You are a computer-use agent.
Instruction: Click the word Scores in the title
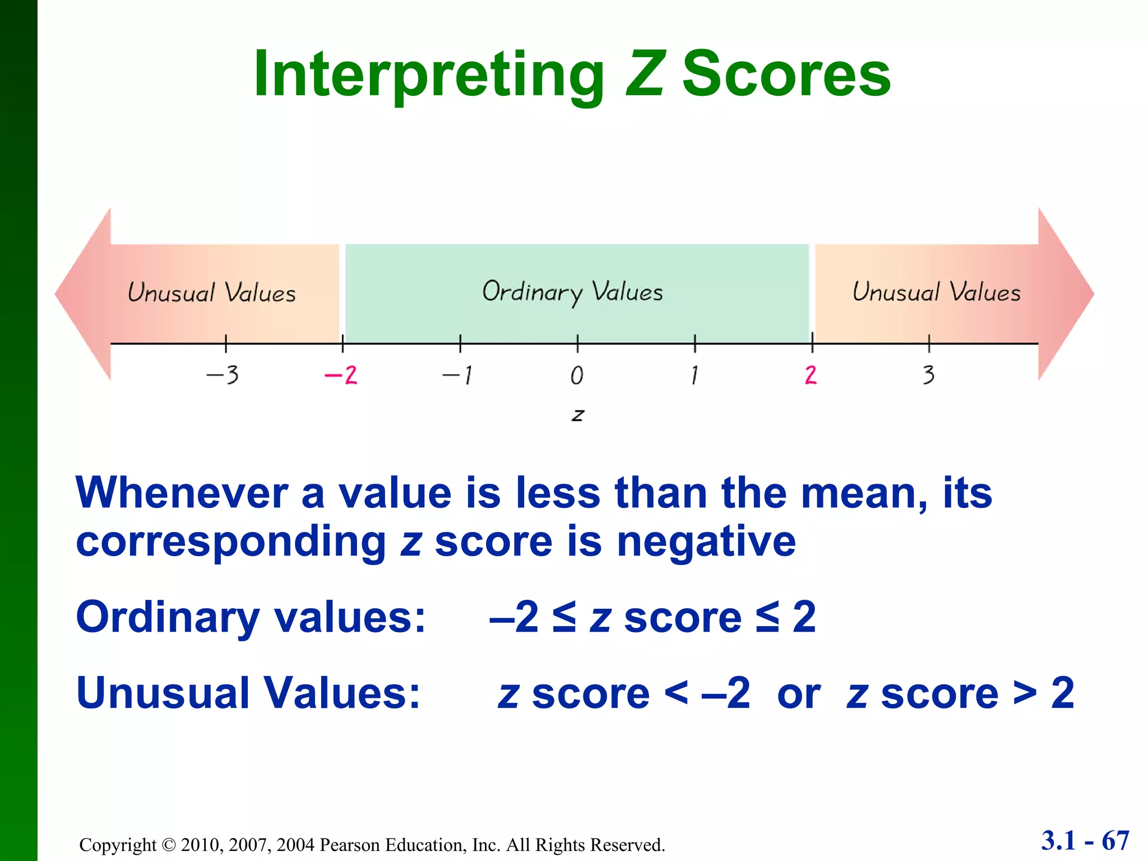pyautogui.click(x=786, y=75)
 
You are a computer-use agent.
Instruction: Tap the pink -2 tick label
pyautogui.click(x=341, y=375)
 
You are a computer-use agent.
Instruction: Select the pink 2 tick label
pyautogui.click(x=811, y=375)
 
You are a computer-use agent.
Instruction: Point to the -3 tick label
pyautogui.click(x=223, y=375)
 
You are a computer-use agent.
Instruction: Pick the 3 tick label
pyautogui.click(x=928, y=375)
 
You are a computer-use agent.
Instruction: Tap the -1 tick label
pyautogui.click(x=458, y=375)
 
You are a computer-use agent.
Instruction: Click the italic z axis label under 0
pyautogui.click(x=577, y=415)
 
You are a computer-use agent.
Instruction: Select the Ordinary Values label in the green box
pyautogui.click(x=572, y=292)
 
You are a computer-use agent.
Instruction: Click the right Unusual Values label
pyautogui.click(x=936, y=292)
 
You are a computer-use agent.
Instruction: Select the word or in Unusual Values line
pyautogui.click(x=798, y=694)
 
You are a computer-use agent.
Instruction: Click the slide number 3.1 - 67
pyautogui.click(x=1085, y=840)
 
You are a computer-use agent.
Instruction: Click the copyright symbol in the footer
pyautogui.click(x=168, y=845)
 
